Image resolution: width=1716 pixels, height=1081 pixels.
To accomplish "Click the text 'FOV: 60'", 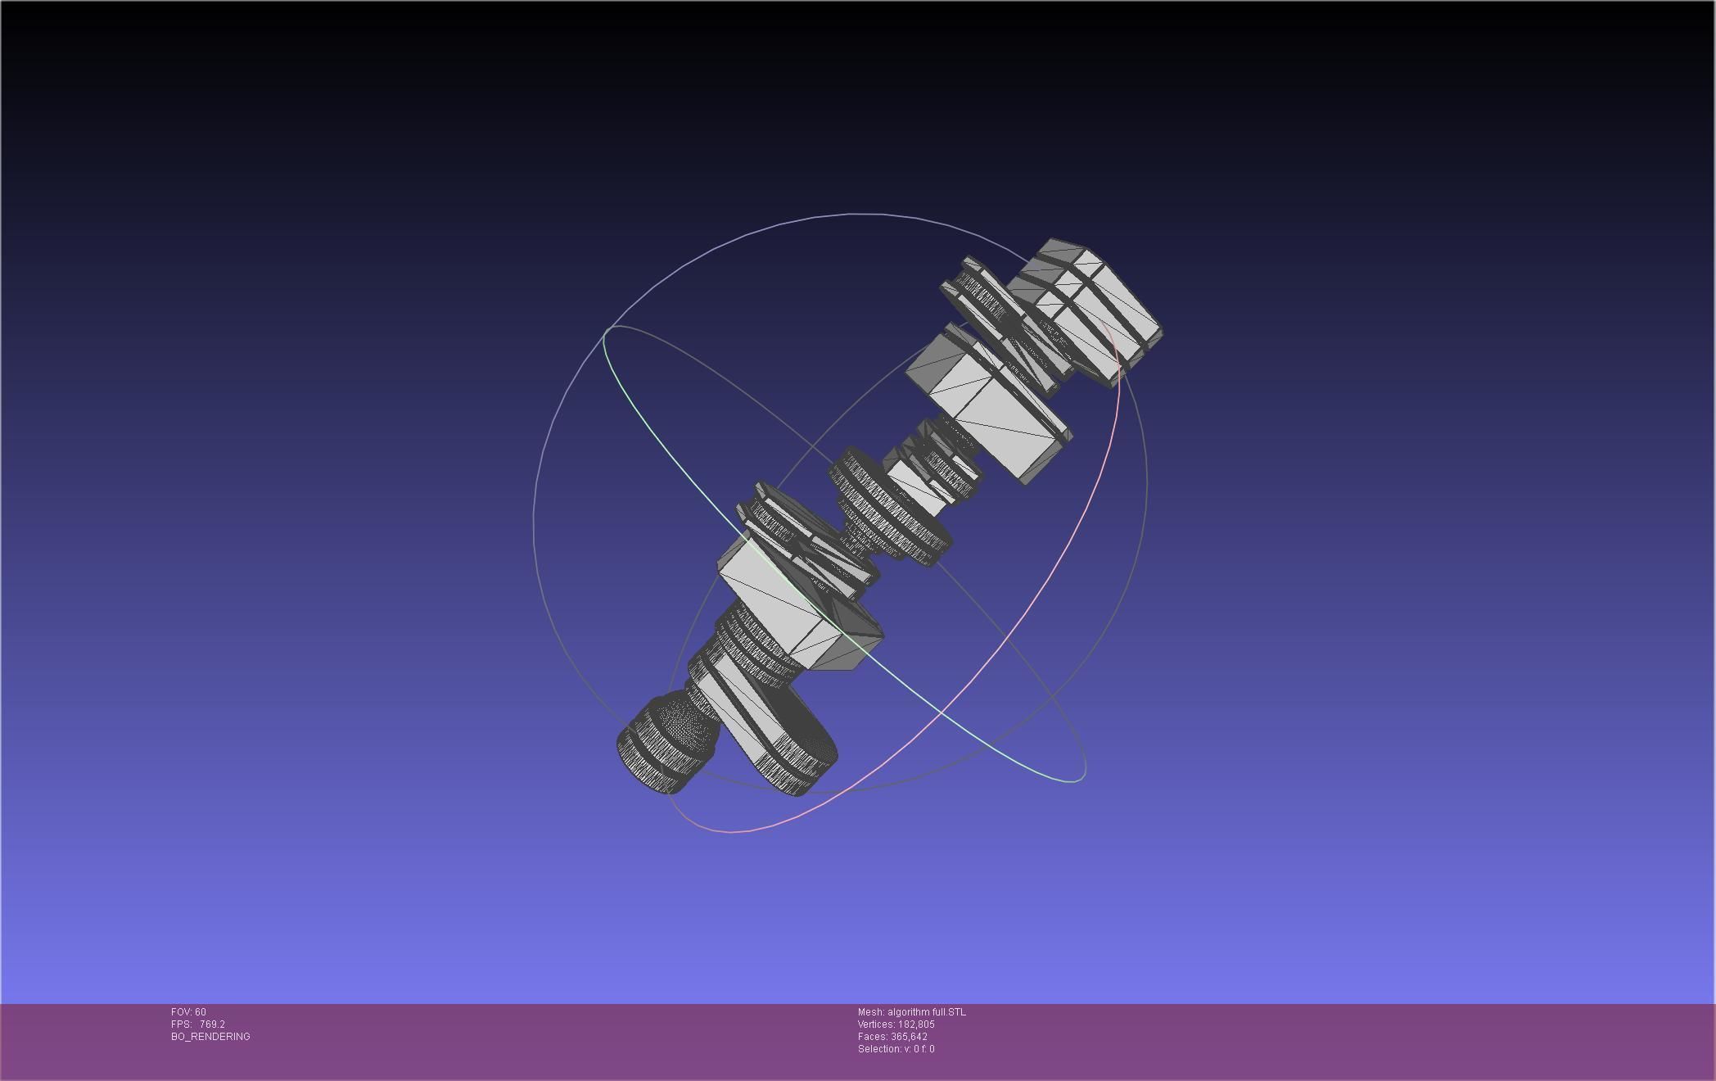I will tap(188, 1012).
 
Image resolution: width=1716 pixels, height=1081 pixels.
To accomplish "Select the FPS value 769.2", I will tap(212, 1024).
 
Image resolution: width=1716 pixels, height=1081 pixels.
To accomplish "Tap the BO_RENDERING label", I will tap(210, 1037).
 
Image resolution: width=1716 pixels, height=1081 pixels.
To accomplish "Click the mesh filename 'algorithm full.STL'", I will tap(926, 1012).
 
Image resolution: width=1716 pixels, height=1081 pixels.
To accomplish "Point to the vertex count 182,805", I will tap(916, 1024).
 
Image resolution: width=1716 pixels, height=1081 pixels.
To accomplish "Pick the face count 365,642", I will tap(909, 1037).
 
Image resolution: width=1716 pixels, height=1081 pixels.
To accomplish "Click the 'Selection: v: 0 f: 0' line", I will tap(896, 1049).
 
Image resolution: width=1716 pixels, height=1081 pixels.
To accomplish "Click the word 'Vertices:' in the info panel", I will tap(876, 1024).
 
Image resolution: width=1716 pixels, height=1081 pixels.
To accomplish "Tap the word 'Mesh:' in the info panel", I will tap(871, 1012).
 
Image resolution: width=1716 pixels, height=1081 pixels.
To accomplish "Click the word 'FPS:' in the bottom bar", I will tap(181, 1024).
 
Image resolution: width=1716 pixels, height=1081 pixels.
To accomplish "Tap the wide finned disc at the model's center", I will tap(888, 508).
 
